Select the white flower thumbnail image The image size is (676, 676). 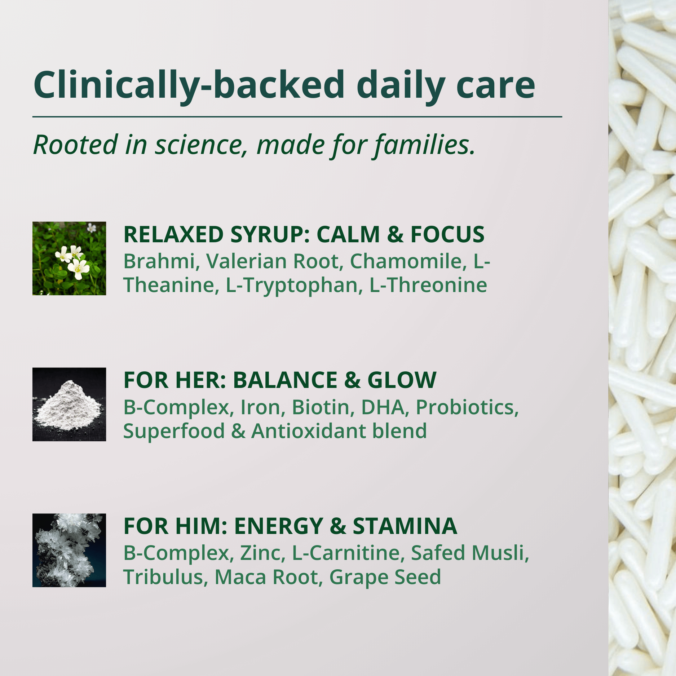69,259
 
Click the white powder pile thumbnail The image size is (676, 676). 69,405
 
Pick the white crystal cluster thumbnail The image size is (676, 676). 69,550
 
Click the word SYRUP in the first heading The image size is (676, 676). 270,234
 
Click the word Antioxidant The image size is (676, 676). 309,431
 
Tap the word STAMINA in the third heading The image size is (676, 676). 405,526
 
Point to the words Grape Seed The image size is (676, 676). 385,577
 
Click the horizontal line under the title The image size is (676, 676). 297,117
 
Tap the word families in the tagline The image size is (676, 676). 425,145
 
